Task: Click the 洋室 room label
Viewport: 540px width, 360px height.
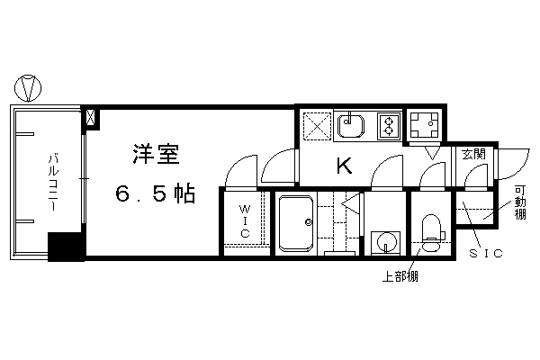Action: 156,153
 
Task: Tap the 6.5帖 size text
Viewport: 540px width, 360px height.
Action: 155,193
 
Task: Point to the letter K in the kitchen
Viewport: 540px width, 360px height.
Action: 344,166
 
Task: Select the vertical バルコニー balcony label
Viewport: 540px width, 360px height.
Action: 53,183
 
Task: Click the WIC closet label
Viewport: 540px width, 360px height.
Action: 245,221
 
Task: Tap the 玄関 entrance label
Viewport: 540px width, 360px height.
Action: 473,154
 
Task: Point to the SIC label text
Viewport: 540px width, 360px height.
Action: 486,254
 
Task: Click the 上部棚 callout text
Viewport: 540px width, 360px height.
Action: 400,276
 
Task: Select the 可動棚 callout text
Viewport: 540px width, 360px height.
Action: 520,202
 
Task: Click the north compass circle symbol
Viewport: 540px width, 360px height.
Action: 28,88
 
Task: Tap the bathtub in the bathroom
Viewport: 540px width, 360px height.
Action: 296,223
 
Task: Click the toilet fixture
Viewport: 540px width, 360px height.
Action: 431,233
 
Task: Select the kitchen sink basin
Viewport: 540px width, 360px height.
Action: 351,126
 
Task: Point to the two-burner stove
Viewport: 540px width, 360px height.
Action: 389,126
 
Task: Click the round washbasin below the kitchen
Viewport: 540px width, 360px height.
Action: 385,242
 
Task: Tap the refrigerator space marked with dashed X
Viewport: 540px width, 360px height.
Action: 317,126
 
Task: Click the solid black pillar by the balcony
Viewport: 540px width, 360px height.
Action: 66,247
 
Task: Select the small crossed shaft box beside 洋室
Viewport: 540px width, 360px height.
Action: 90,118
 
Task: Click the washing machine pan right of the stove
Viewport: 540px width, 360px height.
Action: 424,124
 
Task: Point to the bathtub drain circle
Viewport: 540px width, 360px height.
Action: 308,222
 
